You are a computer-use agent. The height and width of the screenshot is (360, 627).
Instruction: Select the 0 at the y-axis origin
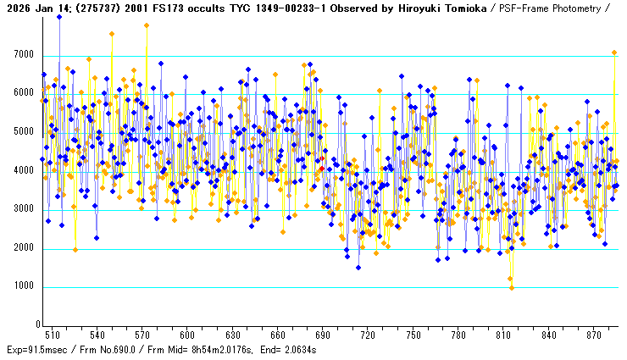37,325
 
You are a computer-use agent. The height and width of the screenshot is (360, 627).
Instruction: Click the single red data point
322,158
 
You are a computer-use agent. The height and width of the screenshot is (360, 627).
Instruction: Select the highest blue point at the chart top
59,17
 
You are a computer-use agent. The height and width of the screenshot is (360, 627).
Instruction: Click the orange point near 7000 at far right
614,53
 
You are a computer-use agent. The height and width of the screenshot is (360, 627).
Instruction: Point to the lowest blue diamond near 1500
358,268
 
